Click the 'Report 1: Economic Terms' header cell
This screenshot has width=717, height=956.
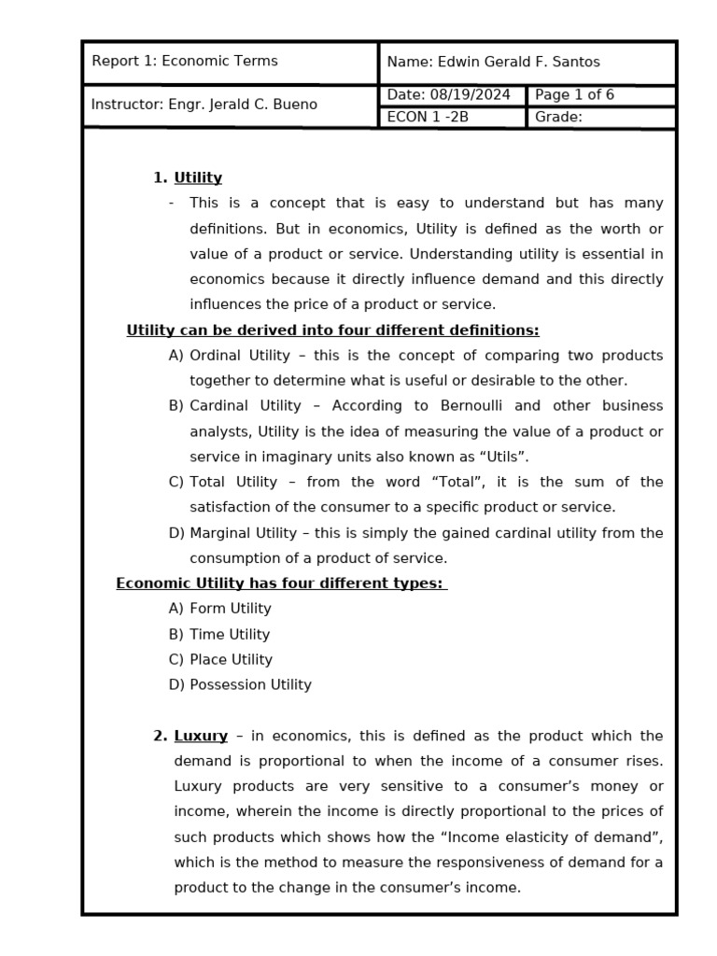[x=185, y=62]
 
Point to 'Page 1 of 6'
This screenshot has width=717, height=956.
[x=574, y=95]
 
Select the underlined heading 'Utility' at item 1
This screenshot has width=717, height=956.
[x=198, y=178]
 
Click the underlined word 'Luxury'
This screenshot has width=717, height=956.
[x=201, y=736]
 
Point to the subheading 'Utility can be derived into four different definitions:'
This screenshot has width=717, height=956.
[x=332, y=330]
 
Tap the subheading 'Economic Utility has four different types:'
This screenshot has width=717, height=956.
[x=280, y=583]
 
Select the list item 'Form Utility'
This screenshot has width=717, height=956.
[x=230, y=609]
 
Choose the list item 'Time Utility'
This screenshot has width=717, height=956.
[x=229, y=635]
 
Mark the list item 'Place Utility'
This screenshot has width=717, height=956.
[x=231, y=660]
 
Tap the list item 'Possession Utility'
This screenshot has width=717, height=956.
[x=250, y=685]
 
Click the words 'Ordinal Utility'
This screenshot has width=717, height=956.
[x=233, y=356]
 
